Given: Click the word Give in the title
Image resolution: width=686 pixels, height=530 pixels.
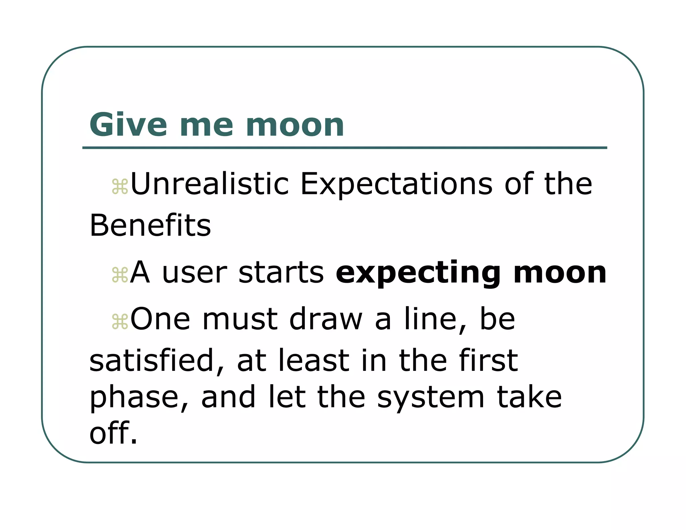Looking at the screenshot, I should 128,125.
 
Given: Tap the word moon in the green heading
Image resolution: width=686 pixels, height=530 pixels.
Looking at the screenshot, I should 295,126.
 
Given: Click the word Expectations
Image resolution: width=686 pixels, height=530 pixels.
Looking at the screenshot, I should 396,185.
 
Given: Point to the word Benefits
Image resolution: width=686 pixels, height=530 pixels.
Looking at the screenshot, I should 150,225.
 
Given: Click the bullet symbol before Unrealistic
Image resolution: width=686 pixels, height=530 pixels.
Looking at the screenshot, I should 120,187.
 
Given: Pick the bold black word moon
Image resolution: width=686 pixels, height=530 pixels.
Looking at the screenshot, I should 560,273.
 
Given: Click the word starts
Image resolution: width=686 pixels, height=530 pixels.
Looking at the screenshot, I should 281,273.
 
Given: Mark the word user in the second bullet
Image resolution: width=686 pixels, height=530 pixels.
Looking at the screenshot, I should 194,273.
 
